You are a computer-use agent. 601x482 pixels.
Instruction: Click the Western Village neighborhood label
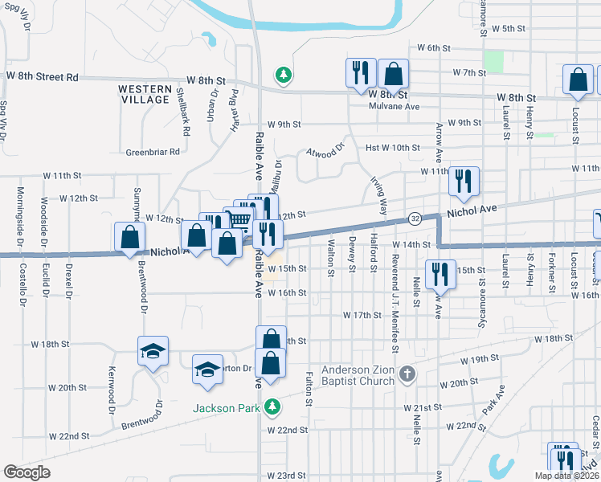[x=145, y=95]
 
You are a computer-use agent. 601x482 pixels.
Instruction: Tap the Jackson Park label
[x=226, y=408]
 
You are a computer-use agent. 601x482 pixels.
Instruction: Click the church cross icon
[x=408, y=374]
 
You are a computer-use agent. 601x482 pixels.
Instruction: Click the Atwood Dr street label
[x=325, y=150]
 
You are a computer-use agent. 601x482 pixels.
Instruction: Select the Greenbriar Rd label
[x=153, y=151]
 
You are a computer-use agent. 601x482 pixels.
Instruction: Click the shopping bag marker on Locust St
[x=578, y=80]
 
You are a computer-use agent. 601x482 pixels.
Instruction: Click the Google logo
[x=27, y=472]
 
